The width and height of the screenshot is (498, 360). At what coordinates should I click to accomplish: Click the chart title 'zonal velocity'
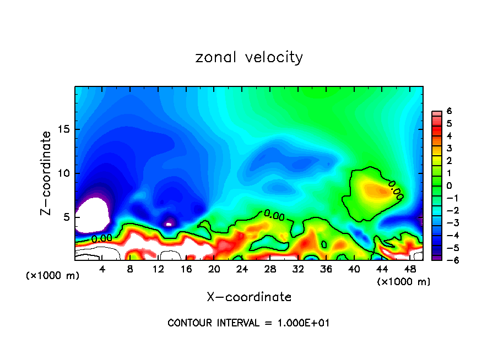click(x=249, y=57)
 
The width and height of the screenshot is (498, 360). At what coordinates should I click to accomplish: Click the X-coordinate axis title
click(x=249, y=297)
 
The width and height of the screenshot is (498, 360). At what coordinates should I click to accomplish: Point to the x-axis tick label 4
click(x=102, y=269)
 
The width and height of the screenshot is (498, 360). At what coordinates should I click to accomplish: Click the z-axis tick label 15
click(x=65, y=129)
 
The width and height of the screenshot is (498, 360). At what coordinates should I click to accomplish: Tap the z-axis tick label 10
click(x=65, y=173)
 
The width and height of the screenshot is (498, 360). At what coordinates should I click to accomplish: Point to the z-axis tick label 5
click(x=68, y=217)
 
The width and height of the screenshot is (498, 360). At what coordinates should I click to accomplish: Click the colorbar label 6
click(x=449, y=111)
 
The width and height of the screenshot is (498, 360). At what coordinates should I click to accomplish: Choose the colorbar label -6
click(x=447, y=260)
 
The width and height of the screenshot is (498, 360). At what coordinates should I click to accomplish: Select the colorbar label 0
click(x=449, y=186)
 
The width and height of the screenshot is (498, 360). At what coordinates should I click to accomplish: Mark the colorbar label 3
click(x=449, y=148)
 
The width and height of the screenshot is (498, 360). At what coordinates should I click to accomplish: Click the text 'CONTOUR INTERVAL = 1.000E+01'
click(x=249, y=323)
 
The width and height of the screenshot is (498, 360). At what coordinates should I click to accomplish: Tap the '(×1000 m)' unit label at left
click(x=52, y=276)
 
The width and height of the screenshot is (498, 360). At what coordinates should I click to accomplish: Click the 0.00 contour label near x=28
click(x=274, y=215)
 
